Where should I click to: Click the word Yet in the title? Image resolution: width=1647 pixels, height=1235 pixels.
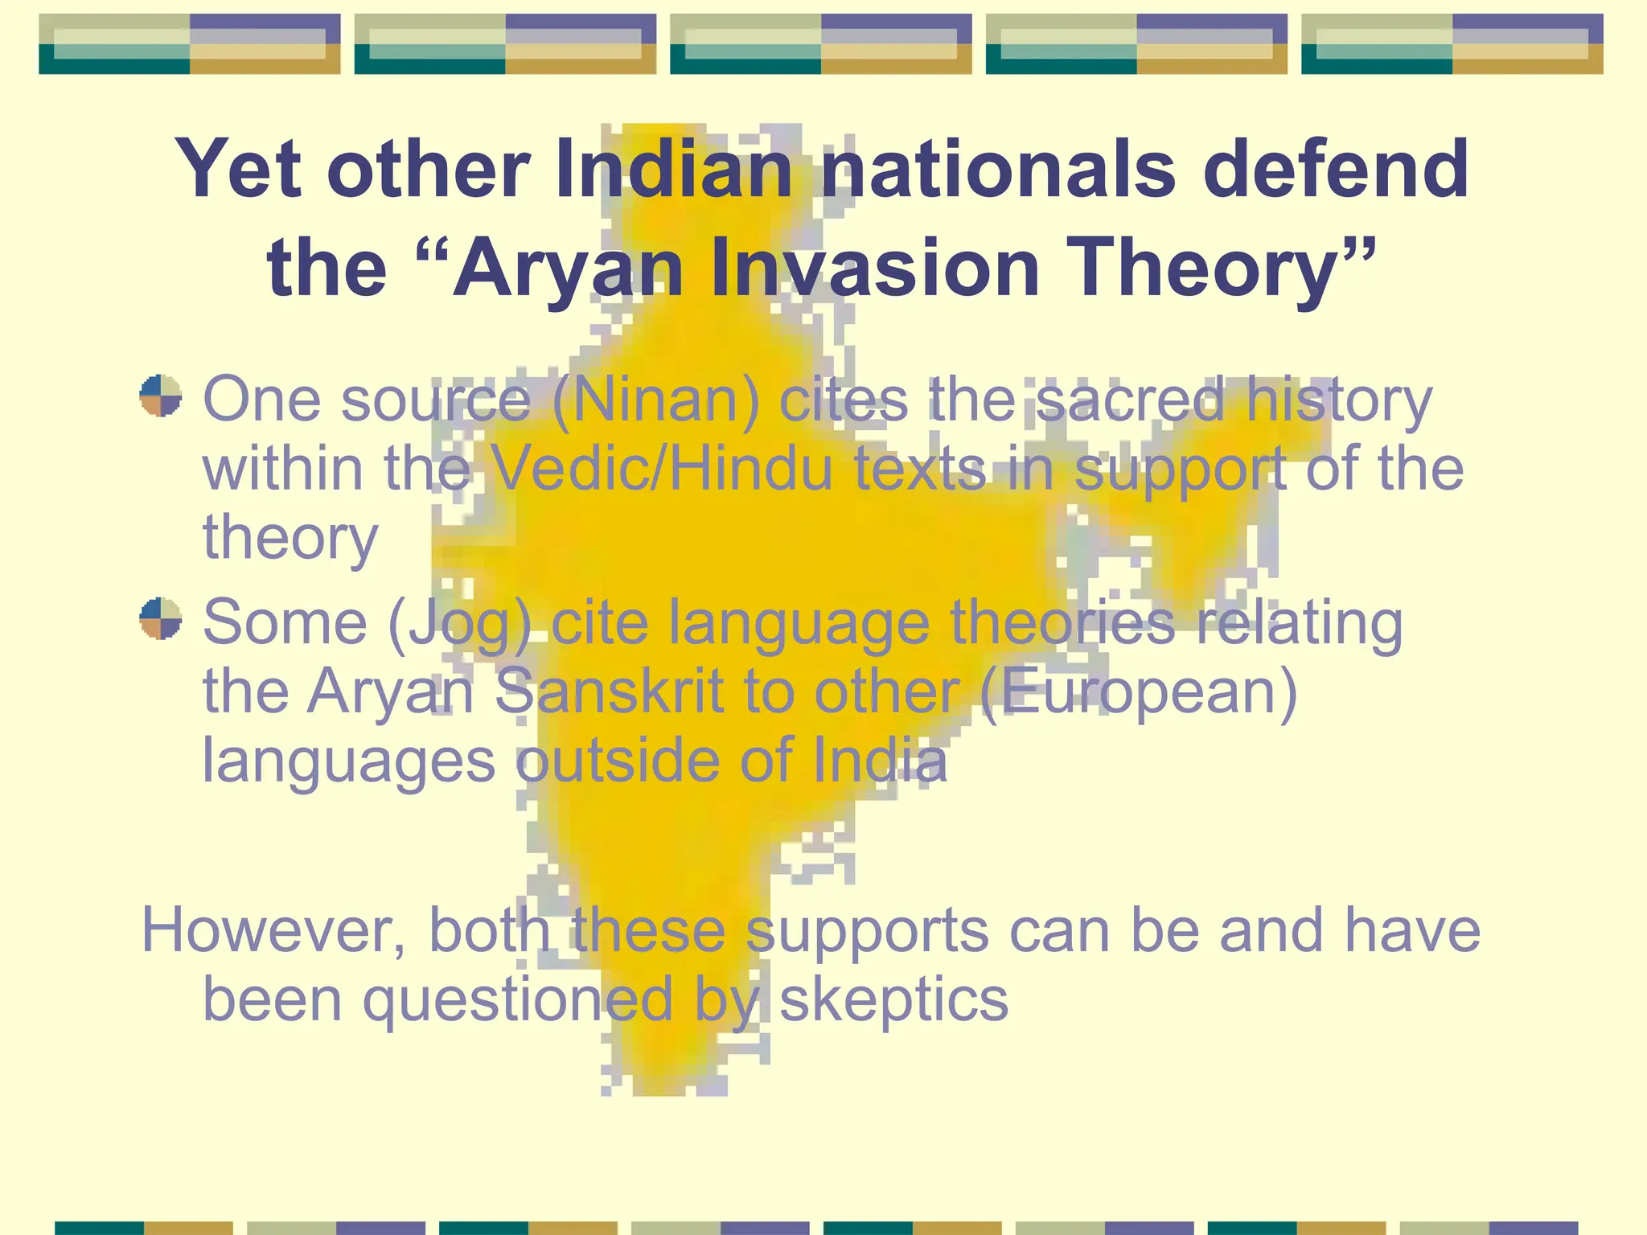239,169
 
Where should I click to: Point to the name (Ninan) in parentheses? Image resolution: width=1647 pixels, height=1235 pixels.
655,400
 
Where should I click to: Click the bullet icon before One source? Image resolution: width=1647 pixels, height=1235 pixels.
161,396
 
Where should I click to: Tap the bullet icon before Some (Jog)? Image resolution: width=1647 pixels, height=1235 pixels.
161,618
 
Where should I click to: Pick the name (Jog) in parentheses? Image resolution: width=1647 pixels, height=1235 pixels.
459,623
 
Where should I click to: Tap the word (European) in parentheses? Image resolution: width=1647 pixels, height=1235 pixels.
1139,691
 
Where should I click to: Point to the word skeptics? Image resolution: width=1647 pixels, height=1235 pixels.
893,999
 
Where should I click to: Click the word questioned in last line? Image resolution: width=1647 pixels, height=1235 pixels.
518,999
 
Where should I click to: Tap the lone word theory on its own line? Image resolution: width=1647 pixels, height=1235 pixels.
290,537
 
